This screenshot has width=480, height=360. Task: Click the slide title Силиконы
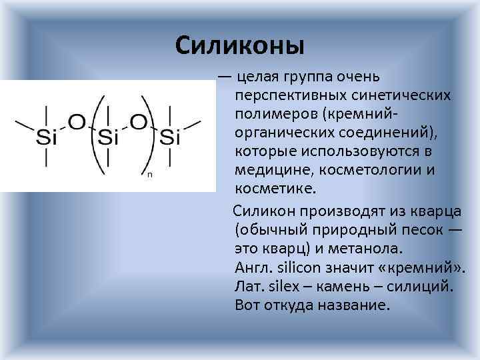tap(240, 45)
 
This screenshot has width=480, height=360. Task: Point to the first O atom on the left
tap(77, 123)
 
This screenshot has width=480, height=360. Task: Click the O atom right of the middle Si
tap(139, 123)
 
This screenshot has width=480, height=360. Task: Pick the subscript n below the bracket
tap(150, 175)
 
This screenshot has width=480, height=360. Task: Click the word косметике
tap(270, 189)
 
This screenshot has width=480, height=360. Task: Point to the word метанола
tap(363, 250)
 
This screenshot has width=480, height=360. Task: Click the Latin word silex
tap(277, 287)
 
